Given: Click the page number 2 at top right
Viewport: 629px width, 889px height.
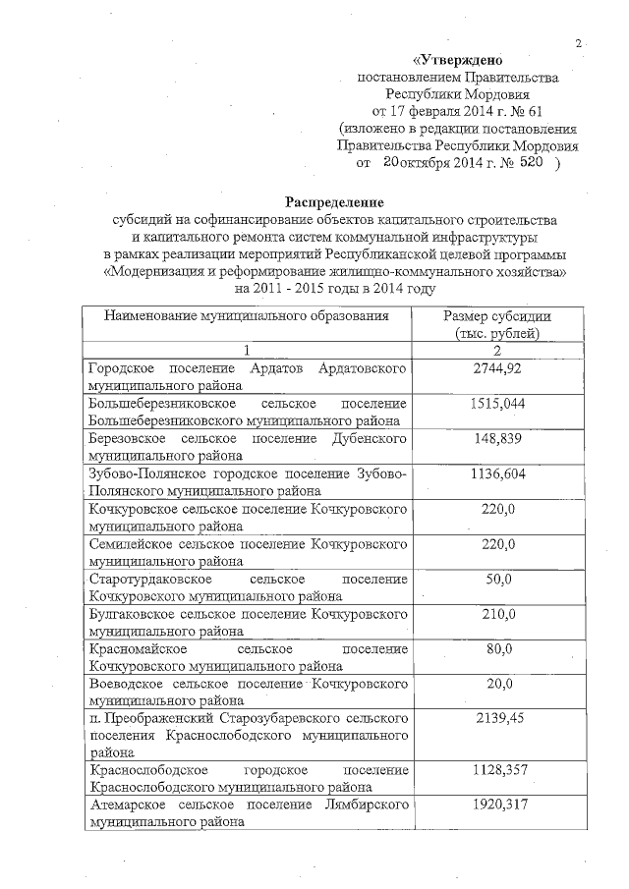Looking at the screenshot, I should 580,42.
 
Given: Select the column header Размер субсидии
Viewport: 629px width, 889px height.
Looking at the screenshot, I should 497,316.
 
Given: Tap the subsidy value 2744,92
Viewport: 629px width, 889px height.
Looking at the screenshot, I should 497,368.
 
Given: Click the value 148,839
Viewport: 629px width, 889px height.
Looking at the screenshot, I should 497,439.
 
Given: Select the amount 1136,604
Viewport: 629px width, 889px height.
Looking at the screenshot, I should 497,474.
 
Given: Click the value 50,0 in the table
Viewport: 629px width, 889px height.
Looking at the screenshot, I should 497,581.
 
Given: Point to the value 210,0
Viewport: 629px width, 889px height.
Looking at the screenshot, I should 497,615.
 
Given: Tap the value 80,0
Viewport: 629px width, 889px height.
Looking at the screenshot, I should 497,650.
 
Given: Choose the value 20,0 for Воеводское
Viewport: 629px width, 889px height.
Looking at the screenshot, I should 497,686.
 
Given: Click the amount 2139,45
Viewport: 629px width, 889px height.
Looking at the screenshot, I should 497,720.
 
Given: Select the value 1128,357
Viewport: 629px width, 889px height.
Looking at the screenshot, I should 497,771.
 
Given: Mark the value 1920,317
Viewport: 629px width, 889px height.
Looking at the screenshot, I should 497,806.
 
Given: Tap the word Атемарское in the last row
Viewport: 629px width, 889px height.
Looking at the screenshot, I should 124,806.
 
